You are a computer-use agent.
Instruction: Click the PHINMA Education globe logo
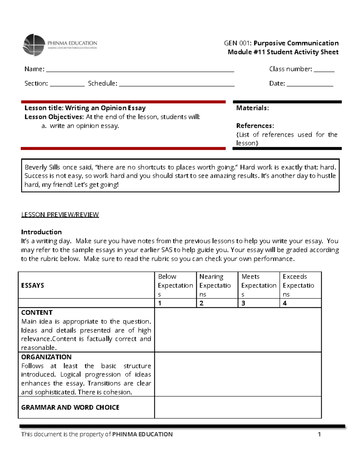click(x=34, y=45)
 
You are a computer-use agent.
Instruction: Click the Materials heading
click(x=252, y=108)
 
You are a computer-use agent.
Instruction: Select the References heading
click(x=255, y=126)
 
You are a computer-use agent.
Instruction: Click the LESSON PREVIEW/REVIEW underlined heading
click(x=60, y=215)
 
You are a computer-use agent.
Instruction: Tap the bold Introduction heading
click(x=41, y=232)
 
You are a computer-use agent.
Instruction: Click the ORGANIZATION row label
click(x=46, y=357)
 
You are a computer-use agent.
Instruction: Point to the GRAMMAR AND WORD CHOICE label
click(x=70, y=407)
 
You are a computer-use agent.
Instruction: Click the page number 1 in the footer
click(x=319, y=434)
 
